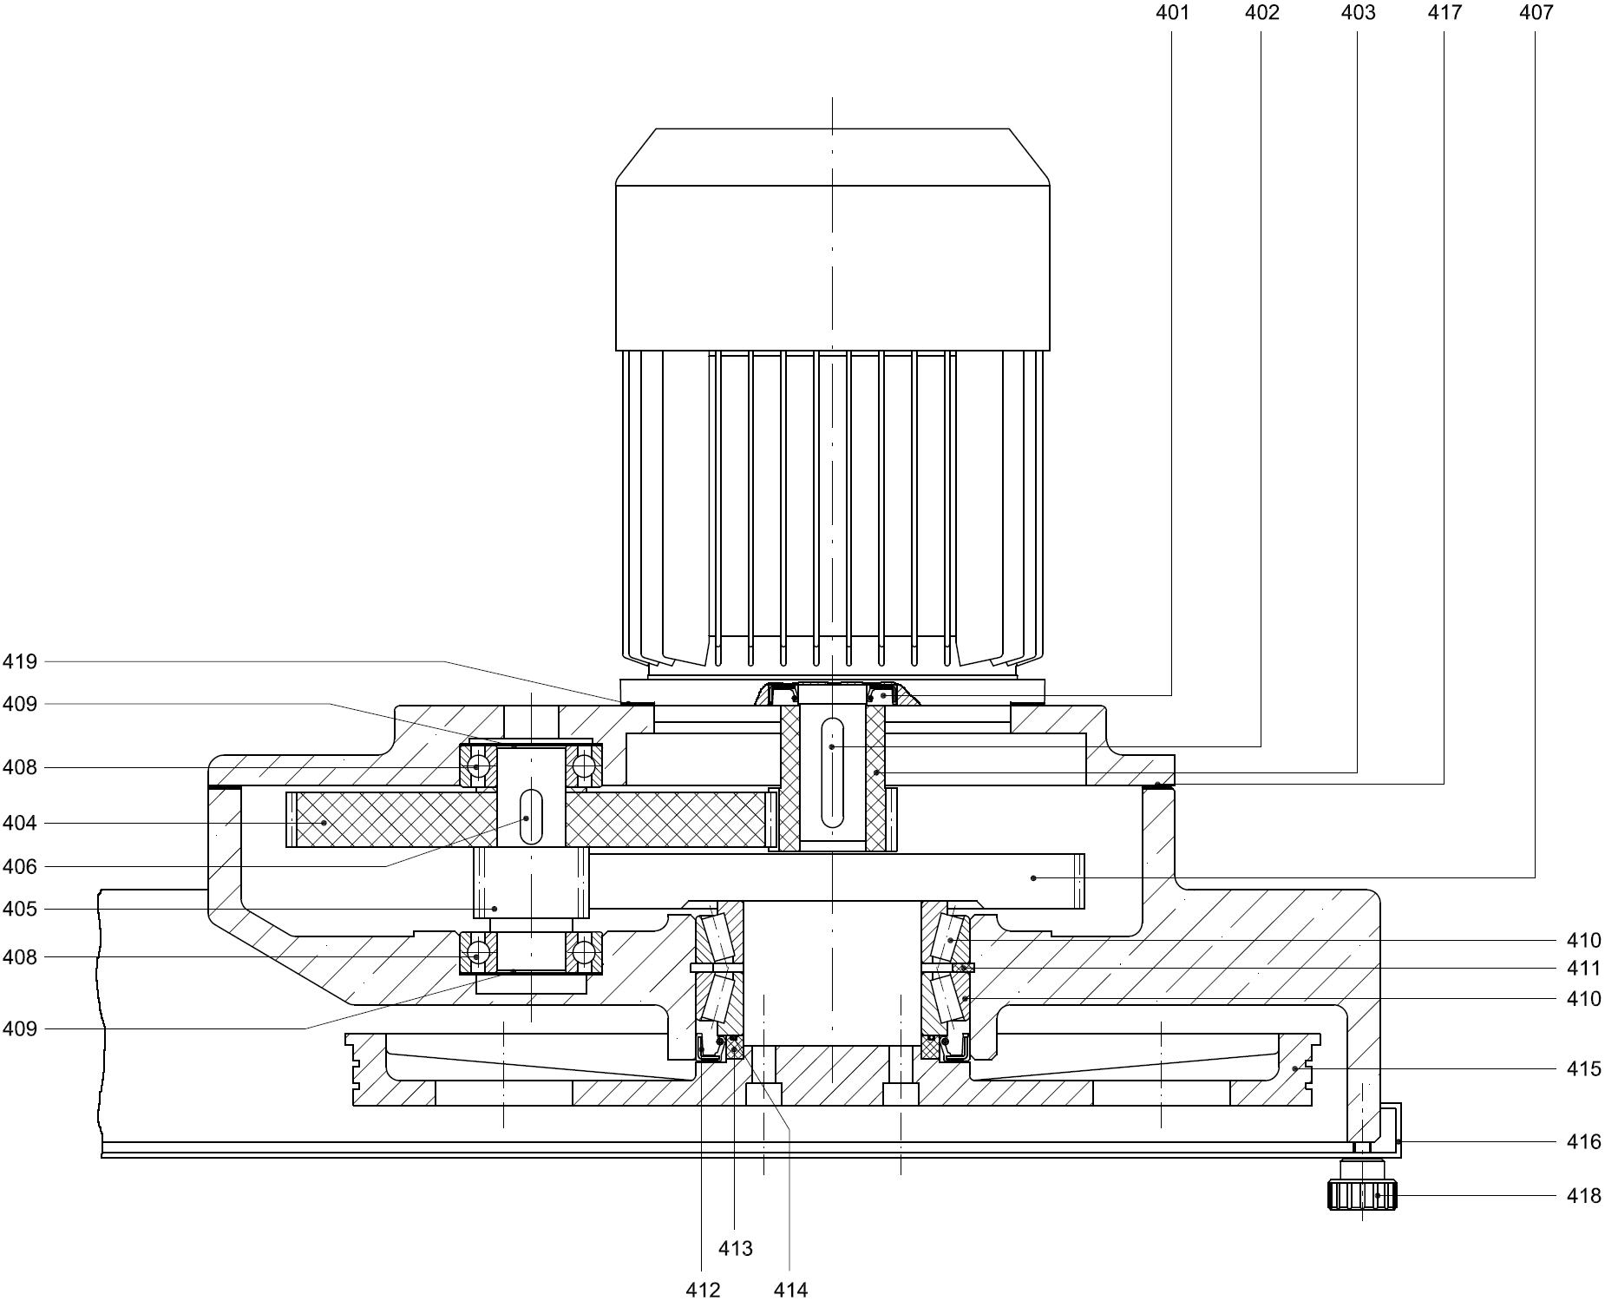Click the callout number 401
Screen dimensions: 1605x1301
pos(1172,12)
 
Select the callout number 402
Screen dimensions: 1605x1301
pos(1262,12)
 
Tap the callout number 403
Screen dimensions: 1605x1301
pos(1358,12)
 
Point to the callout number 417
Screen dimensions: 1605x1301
pos(1444,12)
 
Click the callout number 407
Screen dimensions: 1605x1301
pos(1536,12)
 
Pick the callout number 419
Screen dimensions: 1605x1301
pos(20,662)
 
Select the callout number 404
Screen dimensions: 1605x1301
pos(20,823)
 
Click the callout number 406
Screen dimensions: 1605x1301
pos(20,866)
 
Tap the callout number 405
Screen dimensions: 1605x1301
pos(20,910)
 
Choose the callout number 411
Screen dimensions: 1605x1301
pos(1583,969)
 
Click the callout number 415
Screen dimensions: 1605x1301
pos(1583,1069)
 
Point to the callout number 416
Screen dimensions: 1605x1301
pos(1583,1141)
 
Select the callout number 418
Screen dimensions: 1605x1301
pos(1583,1196)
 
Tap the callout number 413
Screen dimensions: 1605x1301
pos(736,1249)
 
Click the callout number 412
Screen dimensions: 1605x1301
pos(703,1291)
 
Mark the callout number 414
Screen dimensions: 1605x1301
pos(790,1291)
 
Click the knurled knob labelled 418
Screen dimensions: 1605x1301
pos(1362,1195)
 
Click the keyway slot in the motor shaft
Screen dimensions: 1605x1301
pos(832,773)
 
